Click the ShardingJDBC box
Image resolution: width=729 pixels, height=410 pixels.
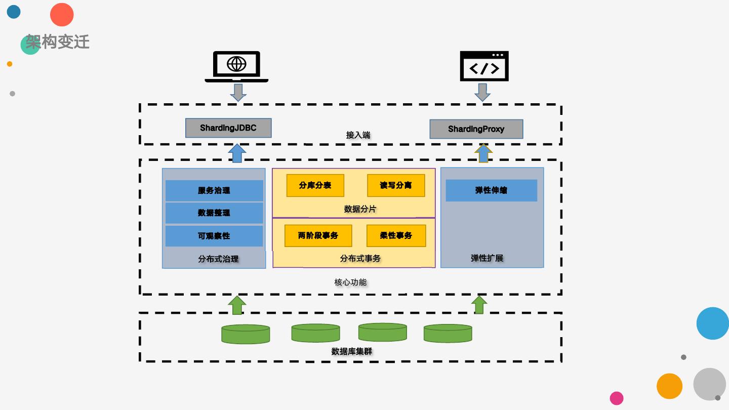coord(228,128)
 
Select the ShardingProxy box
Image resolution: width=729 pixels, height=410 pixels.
coord(476,129)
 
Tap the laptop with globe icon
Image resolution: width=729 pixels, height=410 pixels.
coord(236,66)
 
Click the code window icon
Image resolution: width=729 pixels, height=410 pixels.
coord(484,66)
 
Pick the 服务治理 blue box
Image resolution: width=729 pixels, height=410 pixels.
coord(214,191)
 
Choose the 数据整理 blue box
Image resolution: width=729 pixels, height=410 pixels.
coord(214,213)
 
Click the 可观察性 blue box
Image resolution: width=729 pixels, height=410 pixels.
coord(214,236)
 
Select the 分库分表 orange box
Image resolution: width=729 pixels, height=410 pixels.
coord(315,185)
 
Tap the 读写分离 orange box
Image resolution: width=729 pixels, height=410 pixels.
coord(396,185)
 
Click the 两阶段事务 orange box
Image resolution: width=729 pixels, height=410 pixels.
coord(318,235)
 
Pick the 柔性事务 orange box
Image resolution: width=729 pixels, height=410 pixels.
coord(396,235)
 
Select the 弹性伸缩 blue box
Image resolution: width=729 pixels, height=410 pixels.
coord(491,190)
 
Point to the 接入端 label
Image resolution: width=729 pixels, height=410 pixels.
coord(358,135)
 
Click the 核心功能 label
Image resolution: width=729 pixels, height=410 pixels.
coord(350,282)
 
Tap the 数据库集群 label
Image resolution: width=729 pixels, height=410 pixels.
coord(352,351)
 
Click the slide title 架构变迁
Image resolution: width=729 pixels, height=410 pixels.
coord(58,42)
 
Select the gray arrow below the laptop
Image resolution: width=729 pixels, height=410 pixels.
coord(238,92)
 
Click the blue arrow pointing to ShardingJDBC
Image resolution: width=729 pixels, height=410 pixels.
coord(237,153)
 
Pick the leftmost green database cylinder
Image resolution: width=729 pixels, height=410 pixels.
coord(246,334)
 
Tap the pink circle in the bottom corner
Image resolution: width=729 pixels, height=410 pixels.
coord(617,398)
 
